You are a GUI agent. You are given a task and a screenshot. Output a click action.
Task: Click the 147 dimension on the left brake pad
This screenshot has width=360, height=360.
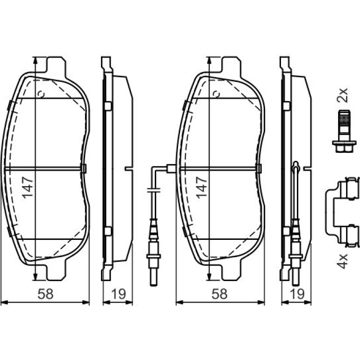(x=28, y=187)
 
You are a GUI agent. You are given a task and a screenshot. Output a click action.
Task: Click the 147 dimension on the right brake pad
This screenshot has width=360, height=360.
(x=202, y=187)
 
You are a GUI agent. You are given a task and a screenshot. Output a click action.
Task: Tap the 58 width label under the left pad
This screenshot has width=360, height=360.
(x=45, y=294)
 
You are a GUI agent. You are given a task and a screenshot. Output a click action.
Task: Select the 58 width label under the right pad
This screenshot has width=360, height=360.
(x=219, y=294)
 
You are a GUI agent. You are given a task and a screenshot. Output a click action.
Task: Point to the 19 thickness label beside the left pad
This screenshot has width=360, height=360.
(x=118, y=294)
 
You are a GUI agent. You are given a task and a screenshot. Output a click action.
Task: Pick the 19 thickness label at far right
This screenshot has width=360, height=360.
(x=297, y=294)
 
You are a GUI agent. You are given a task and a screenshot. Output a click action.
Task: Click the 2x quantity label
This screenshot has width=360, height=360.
(x=342, y=95)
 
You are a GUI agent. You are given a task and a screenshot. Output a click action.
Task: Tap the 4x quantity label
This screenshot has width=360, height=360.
(x=342, y=261)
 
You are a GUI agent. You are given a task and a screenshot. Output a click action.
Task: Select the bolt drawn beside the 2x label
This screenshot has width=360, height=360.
(x=344, y=131)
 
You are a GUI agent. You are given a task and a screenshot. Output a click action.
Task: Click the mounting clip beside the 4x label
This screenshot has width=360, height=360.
(x=342, y=212)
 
